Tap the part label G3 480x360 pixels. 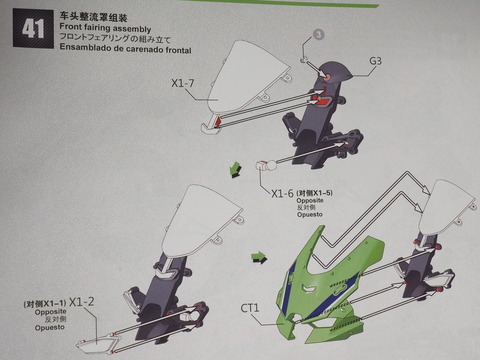coord(376,61)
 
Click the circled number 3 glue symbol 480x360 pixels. coord(320,34)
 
